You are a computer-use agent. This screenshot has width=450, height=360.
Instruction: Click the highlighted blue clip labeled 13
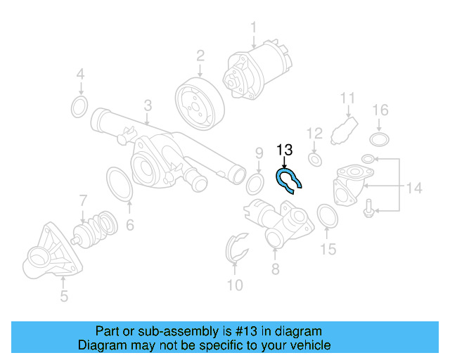pos(288,181)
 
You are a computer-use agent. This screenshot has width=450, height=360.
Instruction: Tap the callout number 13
pos(284,150)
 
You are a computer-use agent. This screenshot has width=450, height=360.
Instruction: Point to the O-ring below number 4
pos(80,107)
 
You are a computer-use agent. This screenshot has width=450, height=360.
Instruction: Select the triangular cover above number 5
pos(51,254)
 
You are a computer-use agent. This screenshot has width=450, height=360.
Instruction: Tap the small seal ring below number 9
pos(257,185)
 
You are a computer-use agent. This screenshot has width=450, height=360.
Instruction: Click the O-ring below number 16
pos(380,138)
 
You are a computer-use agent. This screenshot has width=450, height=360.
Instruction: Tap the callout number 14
pos(413,188)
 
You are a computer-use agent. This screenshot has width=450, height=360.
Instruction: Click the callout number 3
pos(148,105)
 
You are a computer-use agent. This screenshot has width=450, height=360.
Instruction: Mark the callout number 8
pos(275,269)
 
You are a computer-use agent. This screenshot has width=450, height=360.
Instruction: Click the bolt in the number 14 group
pos(370,207)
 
